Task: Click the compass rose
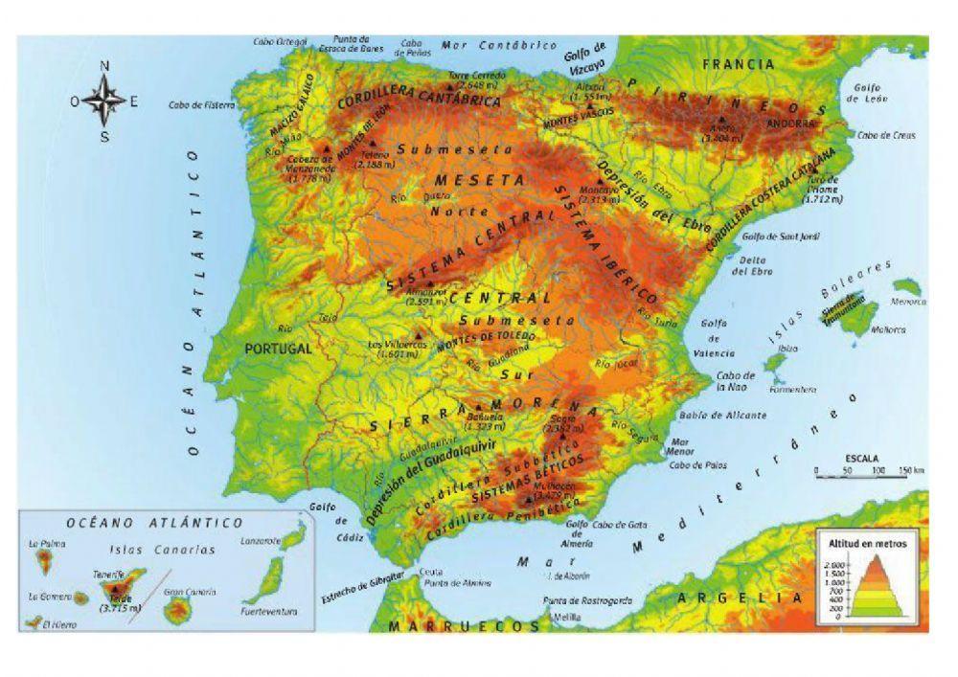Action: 105,101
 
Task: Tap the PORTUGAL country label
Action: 279,350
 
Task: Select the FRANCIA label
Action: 738,64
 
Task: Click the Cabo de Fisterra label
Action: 200,104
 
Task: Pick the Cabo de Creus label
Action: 886,136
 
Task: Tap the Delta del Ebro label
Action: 752,265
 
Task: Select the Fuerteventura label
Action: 270,611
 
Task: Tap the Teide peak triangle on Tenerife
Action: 117,589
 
